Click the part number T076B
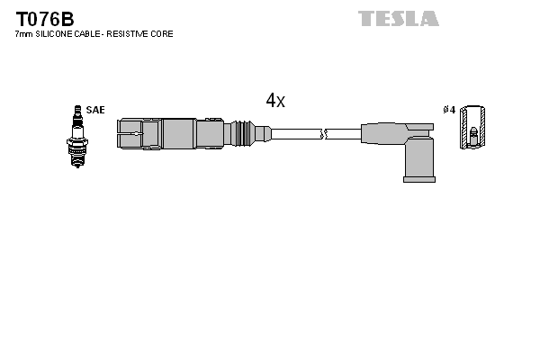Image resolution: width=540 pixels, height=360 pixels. point(43,17)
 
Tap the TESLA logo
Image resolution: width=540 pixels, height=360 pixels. point(399,18)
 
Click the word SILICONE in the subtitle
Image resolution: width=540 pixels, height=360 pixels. point(59,34)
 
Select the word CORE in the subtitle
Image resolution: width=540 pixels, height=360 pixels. point(163,34)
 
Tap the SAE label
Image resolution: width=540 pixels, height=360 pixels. point(95,110)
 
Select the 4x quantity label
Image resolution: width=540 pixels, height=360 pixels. point(275,101)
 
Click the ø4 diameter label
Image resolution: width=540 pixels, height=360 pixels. point(449,110)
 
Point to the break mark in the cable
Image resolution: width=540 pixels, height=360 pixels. point(324,135)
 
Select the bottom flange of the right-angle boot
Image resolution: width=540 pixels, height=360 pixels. point(419,179)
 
